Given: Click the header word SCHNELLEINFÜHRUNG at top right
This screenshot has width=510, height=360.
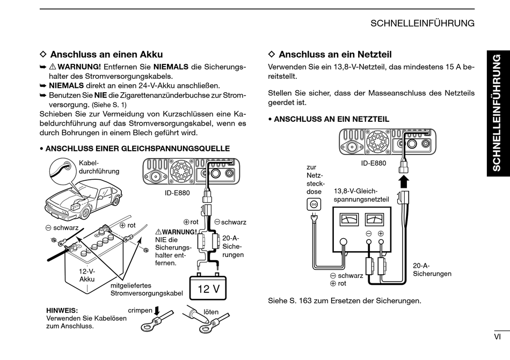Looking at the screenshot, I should [422, 23].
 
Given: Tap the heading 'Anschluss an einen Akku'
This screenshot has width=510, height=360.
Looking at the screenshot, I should [106, 54].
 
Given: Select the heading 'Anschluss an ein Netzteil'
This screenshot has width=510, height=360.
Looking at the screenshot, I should [335, 54].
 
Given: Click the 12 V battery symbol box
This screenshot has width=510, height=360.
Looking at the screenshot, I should [208, 289].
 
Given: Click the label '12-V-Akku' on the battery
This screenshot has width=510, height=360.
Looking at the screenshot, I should [87, 275].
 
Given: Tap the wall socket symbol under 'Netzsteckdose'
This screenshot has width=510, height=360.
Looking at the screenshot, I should [313, 204].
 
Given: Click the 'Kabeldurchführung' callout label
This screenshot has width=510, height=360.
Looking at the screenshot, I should [99, 167].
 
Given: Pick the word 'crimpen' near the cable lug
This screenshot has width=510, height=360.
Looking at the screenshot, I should [140, 311].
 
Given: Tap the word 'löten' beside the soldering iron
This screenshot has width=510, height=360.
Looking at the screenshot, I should [211, 311].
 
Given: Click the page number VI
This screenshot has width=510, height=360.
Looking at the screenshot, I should [497, 337].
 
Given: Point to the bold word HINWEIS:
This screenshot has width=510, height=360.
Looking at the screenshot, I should [62, 310].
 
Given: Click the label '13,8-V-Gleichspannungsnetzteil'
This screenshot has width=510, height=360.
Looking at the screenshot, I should [361, 195].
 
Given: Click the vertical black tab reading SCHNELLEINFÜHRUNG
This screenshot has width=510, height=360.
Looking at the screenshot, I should [497, 113].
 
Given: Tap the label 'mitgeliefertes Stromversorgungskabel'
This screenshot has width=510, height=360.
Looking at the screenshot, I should [147, 289].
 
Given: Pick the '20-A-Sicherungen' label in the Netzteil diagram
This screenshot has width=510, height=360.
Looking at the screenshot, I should [432, 269].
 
